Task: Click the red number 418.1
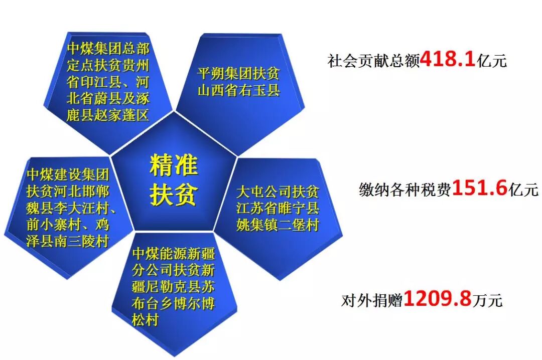point(448,59)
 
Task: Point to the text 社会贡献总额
point(374,61)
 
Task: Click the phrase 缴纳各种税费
point(405,190)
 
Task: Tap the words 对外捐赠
point(372,300)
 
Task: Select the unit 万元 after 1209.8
point(487,300)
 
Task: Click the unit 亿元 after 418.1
point(491,61)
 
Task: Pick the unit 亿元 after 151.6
point(523,190)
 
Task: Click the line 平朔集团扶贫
point(238,73)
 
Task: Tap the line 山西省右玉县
point(238,90)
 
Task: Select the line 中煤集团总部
point(108,48)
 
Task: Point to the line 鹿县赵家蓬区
point(108,115)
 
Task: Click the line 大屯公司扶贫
point(278,192)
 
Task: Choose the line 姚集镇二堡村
point(278,225)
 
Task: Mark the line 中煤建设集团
point(68,175)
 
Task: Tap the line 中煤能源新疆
point(173,253)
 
